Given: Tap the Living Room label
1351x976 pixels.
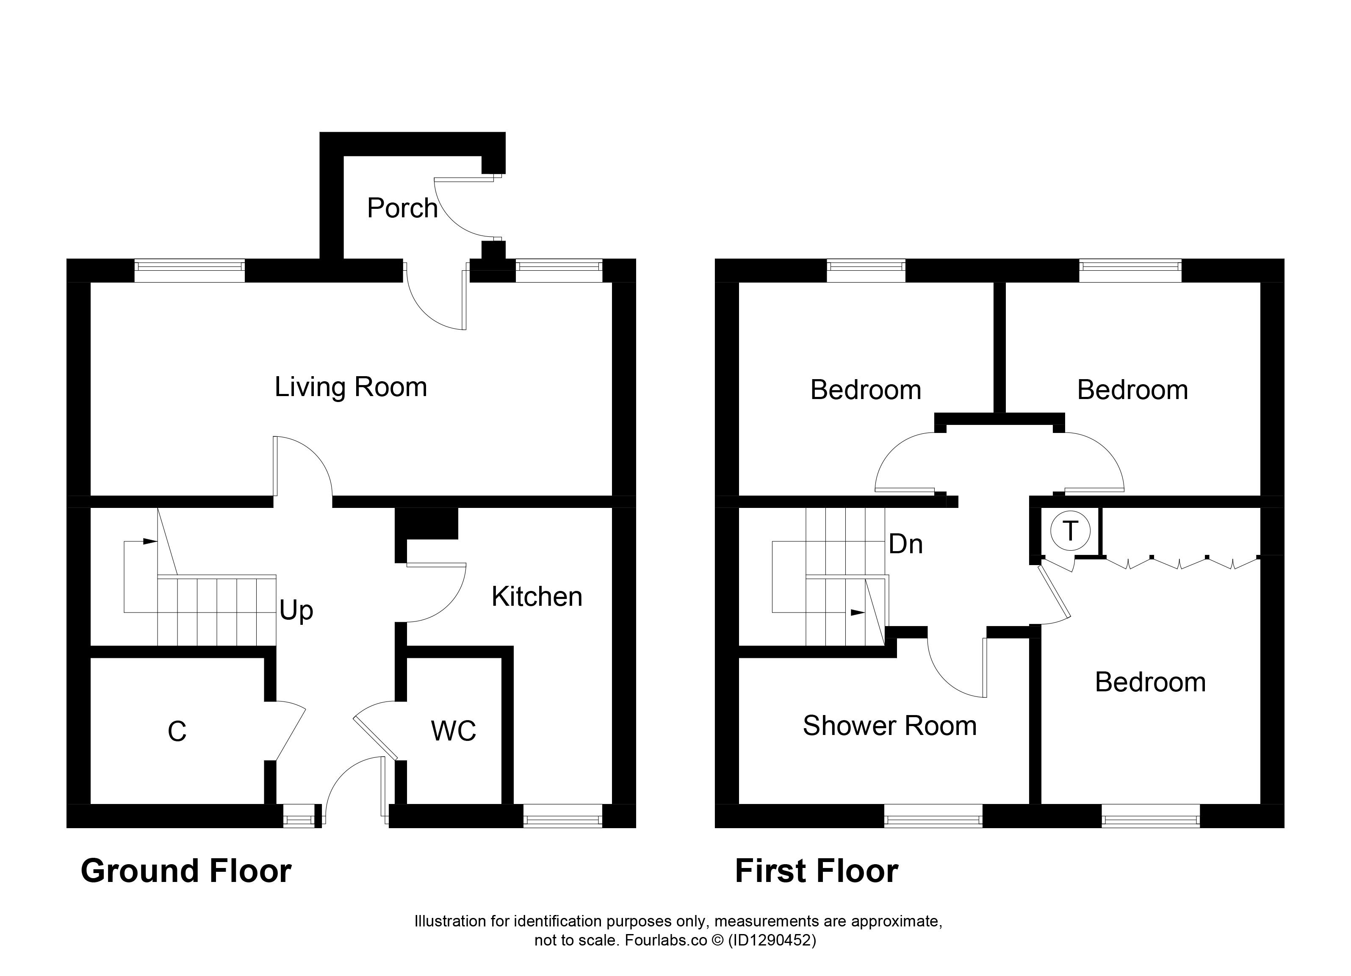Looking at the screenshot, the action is coord(351,387).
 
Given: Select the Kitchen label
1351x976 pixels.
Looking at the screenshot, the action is coord(537,596).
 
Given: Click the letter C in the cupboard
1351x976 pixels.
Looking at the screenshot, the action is coord(177,732).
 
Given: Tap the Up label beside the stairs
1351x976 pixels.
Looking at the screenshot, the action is coord(296,611).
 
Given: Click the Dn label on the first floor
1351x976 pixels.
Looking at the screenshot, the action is coord(905,544).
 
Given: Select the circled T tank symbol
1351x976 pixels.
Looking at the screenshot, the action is coord(1071,530).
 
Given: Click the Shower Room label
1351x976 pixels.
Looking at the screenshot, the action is coord(889,726).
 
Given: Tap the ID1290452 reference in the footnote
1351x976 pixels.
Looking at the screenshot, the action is coord(772,941).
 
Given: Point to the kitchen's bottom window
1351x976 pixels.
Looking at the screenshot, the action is coord(563,816).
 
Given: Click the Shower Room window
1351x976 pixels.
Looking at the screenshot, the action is coord(933,816).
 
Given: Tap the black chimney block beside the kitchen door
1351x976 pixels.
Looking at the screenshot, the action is coord(426,524).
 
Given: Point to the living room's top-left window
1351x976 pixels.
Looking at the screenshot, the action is coord(189,271).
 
